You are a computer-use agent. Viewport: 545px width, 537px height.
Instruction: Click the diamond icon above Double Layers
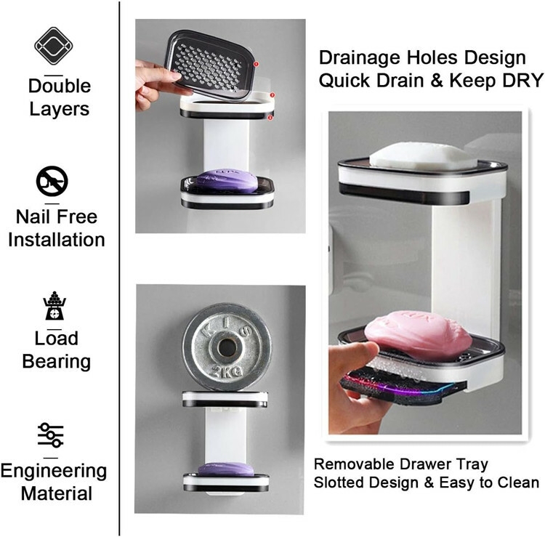coord(53,46)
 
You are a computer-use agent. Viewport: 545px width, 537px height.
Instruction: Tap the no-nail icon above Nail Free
coord(52,181)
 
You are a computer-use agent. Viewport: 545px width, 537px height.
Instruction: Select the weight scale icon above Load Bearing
coord(53,305)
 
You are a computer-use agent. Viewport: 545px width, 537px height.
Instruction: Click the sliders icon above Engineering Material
coord(52,435)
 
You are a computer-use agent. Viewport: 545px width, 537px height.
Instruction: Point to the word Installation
coord(57,239)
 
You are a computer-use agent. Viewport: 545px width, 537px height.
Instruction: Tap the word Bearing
coord(57,361)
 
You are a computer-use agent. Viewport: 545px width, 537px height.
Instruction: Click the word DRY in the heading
coord(519,81)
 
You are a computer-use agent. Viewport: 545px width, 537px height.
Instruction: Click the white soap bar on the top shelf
coord(423,155)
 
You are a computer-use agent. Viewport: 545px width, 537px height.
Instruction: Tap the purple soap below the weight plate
coord(225,469)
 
